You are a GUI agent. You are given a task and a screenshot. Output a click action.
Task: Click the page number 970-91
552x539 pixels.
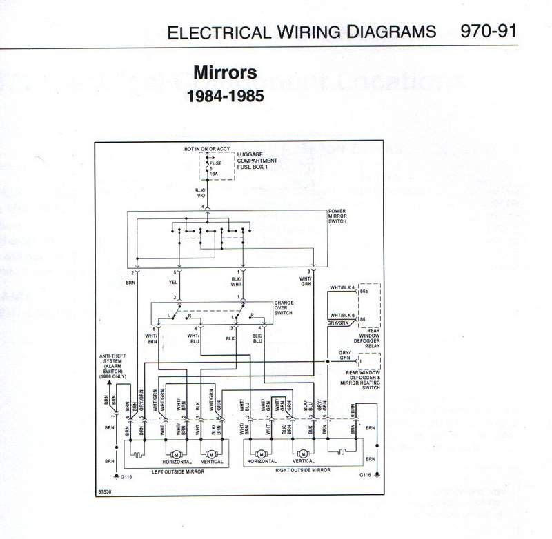point(488,32)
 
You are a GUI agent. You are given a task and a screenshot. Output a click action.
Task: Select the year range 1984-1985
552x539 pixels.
point(225,96)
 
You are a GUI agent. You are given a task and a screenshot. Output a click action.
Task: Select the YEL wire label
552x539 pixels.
point(173,282)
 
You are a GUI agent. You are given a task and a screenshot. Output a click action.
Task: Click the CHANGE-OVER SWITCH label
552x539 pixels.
point(284,307)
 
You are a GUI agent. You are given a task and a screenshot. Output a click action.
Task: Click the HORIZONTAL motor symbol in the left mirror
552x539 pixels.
point(175,454)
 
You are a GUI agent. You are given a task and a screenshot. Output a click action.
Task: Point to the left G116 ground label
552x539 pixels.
point(127,477)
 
